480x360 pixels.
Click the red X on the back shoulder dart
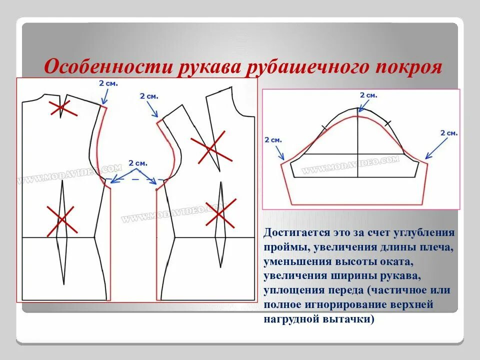[62, 108]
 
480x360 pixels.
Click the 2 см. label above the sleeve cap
[368, 95]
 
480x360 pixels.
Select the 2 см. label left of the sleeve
[273, 140]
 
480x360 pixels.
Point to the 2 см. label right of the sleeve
[448, 133]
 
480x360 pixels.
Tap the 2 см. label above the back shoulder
[108, 83]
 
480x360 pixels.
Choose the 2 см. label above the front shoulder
[148, 95]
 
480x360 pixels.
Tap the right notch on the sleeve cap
[388, 122]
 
